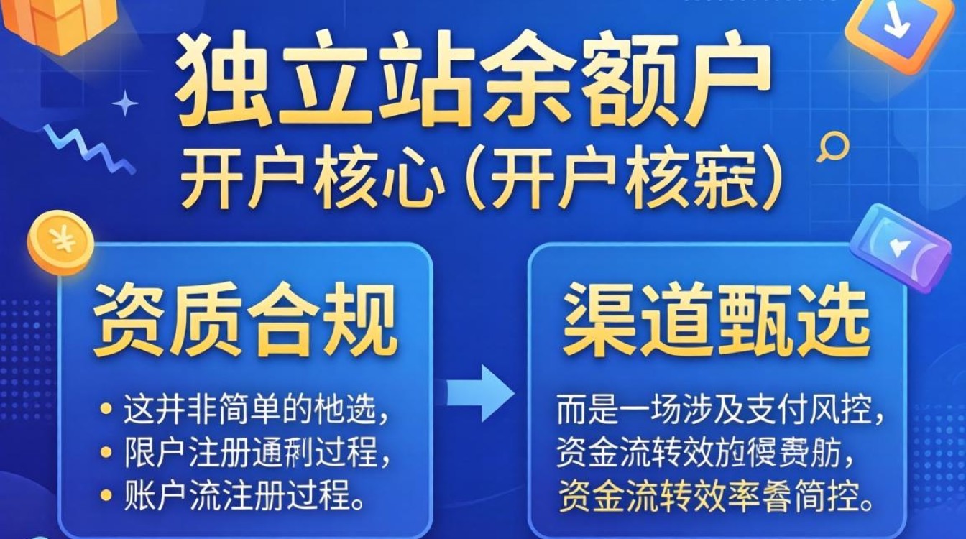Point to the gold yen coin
[x=60, y=242]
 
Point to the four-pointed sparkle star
[x=125, y=103]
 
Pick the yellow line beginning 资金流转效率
[x=716, y=494]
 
